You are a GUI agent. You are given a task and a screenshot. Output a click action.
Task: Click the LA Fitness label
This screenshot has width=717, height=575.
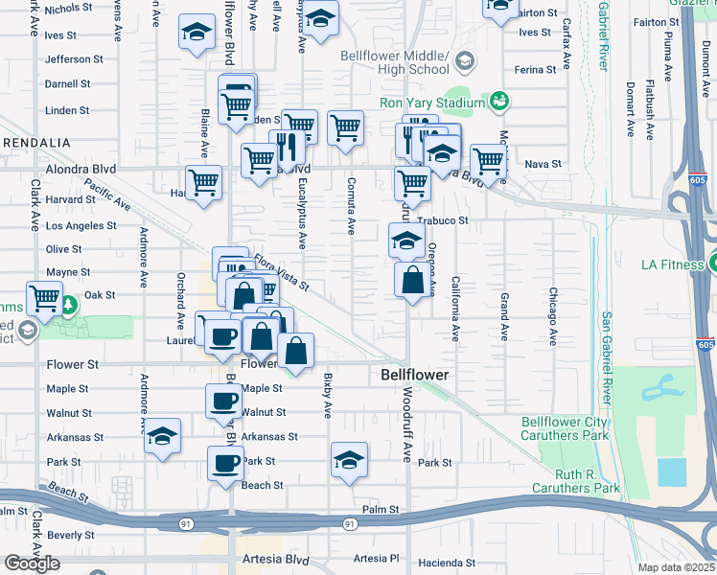click(672, 264)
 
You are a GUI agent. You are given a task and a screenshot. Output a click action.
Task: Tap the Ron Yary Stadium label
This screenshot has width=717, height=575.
click(432, 103)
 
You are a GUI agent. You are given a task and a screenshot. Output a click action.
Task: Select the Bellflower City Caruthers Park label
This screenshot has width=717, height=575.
click(565, 428)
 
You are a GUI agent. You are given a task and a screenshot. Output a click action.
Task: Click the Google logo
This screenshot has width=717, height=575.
click(32, 563)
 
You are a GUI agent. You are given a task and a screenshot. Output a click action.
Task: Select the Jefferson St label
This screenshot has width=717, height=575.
click(74, 59)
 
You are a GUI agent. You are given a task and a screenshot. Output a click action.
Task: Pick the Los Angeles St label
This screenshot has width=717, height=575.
click(81, 226)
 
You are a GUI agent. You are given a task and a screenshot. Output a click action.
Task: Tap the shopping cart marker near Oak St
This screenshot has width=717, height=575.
click(44, 298)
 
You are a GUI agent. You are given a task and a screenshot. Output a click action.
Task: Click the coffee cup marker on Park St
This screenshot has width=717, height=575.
click(225, 463)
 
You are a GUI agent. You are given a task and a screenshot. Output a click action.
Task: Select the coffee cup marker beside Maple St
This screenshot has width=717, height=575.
click(223, 400)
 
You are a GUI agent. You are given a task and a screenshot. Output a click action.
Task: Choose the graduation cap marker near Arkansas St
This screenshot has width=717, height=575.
click(162, 436)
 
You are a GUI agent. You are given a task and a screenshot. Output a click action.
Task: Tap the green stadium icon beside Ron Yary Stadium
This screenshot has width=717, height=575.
click(498, 101)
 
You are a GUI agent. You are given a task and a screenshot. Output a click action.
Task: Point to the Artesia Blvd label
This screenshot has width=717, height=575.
click(275, 559)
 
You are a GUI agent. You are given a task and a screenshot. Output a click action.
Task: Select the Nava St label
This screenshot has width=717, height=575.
click(543, 165)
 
